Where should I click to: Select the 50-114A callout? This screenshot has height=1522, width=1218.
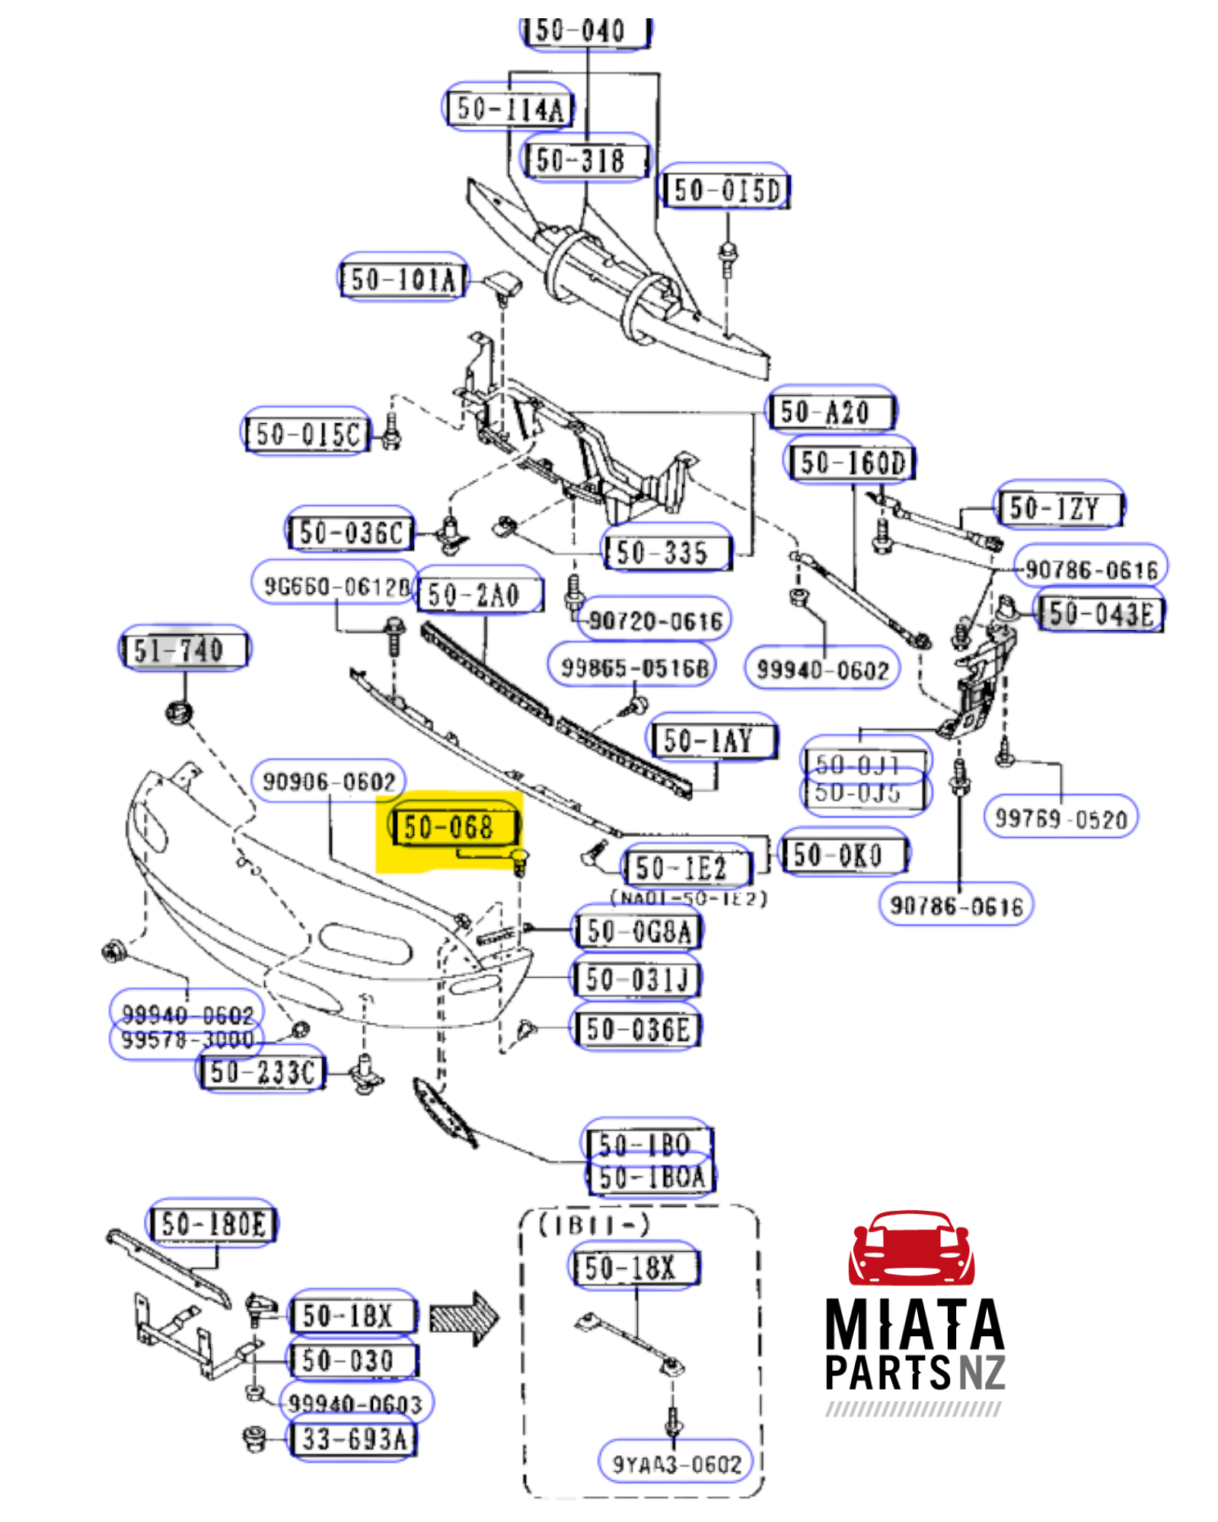click(x=509, y=108)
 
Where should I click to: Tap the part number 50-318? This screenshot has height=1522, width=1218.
click(x=583, y=160)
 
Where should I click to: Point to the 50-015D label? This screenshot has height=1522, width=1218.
click(x=725, y=189)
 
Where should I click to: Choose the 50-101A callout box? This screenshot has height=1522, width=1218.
click(x=403, y=279)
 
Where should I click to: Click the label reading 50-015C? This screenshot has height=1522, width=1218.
click(x=307, y=434)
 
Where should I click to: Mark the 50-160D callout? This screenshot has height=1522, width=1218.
click(x=850, y=462)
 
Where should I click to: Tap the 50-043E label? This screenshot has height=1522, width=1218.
click(x=1101, y=613)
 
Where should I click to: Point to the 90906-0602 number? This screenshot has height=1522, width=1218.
click(x=329, y=781)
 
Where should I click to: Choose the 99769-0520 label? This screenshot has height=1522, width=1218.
click(x=1061, y=819)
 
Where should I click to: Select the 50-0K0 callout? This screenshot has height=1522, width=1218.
click(x=843, y=855)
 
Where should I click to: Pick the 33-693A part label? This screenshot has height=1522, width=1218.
click(x=352, y=1439)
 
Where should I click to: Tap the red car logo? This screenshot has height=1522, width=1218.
click(x=911, y=1249)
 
